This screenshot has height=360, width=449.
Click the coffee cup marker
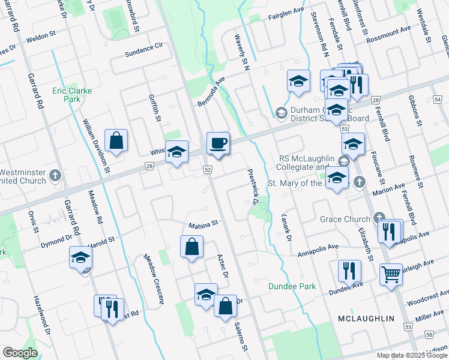point(218,143)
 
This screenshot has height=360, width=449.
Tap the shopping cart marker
point(391,275)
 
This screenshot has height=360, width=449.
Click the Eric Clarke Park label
point(66,95)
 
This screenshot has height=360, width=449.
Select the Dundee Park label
point(292,287)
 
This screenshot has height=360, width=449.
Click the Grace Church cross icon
point(379,217)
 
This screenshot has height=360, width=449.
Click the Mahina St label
point(202,226)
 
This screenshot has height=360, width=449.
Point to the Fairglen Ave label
point(287,17)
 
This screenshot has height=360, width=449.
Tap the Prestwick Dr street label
point(253,187)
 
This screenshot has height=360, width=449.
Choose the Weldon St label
point(41,37)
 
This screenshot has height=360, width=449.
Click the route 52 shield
point(208,170)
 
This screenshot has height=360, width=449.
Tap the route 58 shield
point(429,334)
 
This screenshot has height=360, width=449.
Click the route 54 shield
point(436,99)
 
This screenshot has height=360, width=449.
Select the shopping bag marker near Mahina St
point(191,247)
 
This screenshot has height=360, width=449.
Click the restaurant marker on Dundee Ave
point(349,271)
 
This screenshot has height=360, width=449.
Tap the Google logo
point(20,353)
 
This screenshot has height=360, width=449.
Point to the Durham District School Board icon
point(280,112)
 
